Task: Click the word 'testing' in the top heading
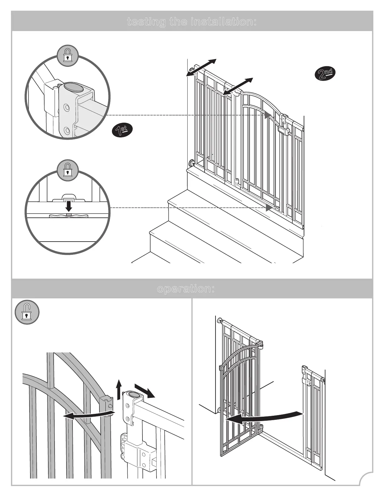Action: [146, 22]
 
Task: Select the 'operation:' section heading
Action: [186, 289]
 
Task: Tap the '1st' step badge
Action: [122, 130]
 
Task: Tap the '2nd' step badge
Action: [325, 74]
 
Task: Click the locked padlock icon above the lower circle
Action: [67, 170]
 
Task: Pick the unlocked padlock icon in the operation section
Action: [27, 313]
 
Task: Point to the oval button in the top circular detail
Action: [74, 88]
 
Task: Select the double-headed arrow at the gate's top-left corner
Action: [201, 67]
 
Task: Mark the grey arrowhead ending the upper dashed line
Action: [268, 115]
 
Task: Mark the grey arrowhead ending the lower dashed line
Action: [269, 208]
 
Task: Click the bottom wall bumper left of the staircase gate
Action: [191, 163]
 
